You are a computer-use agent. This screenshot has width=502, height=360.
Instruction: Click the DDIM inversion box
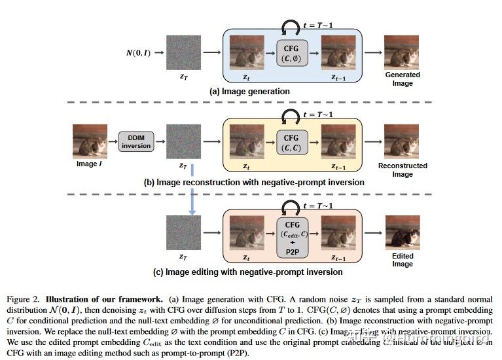135,141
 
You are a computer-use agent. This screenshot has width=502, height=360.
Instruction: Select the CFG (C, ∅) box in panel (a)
291,53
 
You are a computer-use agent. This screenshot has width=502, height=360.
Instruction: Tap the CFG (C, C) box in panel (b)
291,143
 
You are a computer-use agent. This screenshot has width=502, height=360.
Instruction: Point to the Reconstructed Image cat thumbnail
402,141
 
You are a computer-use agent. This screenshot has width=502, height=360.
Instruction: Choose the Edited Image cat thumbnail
402,232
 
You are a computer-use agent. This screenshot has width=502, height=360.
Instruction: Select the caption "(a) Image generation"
249,92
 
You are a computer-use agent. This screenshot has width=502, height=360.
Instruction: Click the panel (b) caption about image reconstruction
254,182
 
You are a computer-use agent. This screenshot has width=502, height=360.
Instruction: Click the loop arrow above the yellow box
290,117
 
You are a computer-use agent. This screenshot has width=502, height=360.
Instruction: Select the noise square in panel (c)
183,232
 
